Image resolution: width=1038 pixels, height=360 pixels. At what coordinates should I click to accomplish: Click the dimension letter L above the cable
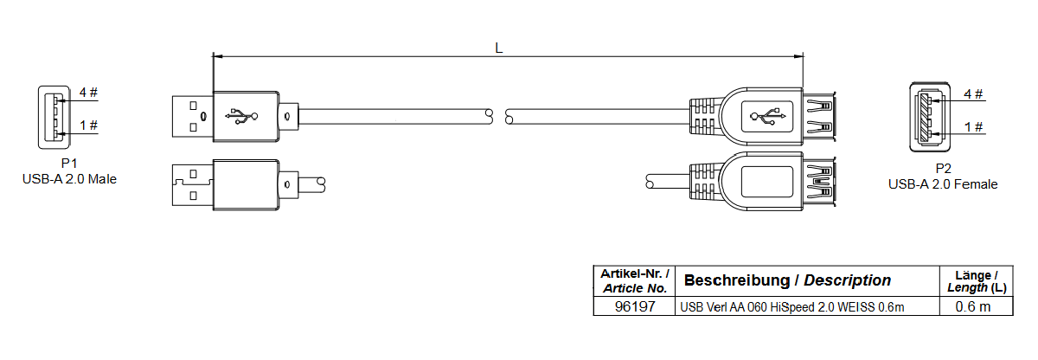pyautogui.click(x=498, y=48)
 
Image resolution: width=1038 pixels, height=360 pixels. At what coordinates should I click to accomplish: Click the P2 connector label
pyautogui.click(x=943, y=169)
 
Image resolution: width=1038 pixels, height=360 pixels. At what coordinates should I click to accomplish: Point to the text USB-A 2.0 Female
pyautogui.click(x=943, y=183)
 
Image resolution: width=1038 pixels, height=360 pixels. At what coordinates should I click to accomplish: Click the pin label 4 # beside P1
pyautogui.click(x=88, y=92)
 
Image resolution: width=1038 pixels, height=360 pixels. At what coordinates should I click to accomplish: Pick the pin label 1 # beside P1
pyautogui.click(x=88, y=125)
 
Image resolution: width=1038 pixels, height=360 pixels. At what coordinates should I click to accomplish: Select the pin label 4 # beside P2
pyautogui.click(x=973, y=93)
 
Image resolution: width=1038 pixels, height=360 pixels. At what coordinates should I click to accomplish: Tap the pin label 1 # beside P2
pyautogui.click(x=973, y=127)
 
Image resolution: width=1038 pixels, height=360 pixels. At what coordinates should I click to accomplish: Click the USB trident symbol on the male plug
pyautogui.click(x=241, y=114)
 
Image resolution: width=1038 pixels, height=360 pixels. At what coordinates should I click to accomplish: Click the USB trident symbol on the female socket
pyautogui.click(x=766, y=114)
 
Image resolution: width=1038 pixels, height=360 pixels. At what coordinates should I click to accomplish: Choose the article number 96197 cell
pyautogui.click(x=634, y=306)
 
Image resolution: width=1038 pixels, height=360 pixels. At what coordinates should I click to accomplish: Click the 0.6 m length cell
pyautogui.click(x=973, y=306)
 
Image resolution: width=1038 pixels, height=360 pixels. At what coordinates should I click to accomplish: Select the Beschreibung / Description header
pyautogui.click(x=787, y=280)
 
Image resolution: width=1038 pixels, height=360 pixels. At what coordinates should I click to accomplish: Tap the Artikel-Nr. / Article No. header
pyautogui.click(x=634, y=280)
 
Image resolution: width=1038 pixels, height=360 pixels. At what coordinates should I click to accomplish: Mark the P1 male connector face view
pyautogui.click(x=51, y=116)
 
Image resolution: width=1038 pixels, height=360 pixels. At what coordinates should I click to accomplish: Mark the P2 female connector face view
pyautogui.click(x=929, y=119)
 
